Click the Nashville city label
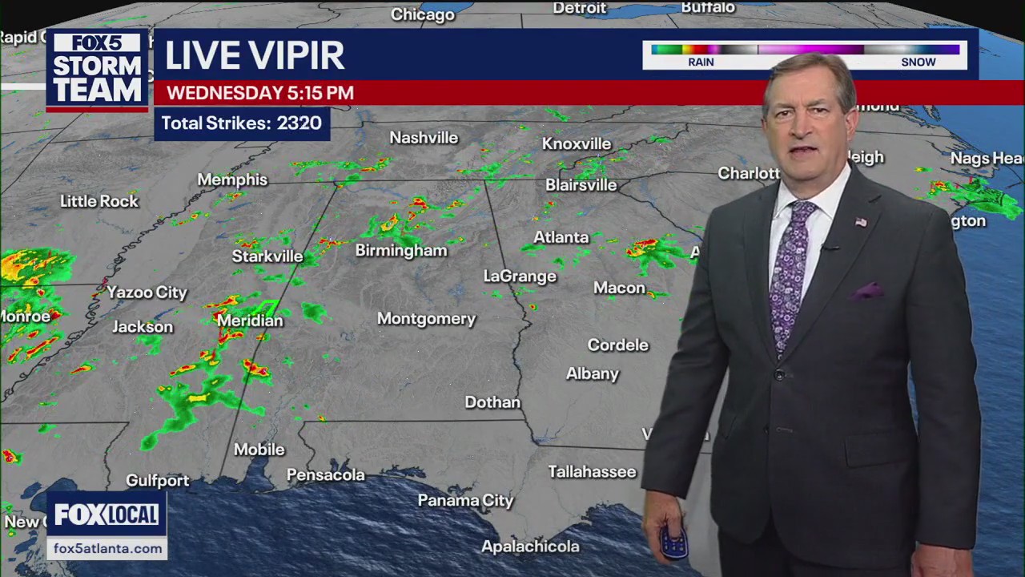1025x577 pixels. point(424,138)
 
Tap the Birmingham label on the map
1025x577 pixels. point(401,251)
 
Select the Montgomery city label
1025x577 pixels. point(426,319)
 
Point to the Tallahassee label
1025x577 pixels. point(592,472)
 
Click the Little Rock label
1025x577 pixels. point(99,201)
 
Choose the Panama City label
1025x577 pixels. point(465,501)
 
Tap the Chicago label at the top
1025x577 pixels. point(423,14)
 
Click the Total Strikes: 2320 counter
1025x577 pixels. point(241,123)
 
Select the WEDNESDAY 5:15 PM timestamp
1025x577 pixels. point(260,93)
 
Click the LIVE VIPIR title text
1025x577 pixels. point(255,55)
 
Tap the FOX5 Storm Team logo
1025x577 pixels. point(97,70)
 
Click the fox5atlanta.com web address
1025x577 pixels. point(107,548)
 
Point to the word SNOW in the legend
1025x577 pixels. point(918,63)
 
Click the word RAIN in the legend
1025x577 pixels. point(701,63)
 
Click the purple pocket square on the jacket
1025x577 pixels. point(866,291)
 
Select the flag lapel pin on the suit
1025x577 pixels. point(861,221)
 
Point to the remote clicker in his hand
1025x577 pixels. point(673,543)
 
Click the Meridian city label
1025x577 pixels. point(250,321)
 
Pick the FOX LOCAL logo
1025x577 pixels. point(107,515)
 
